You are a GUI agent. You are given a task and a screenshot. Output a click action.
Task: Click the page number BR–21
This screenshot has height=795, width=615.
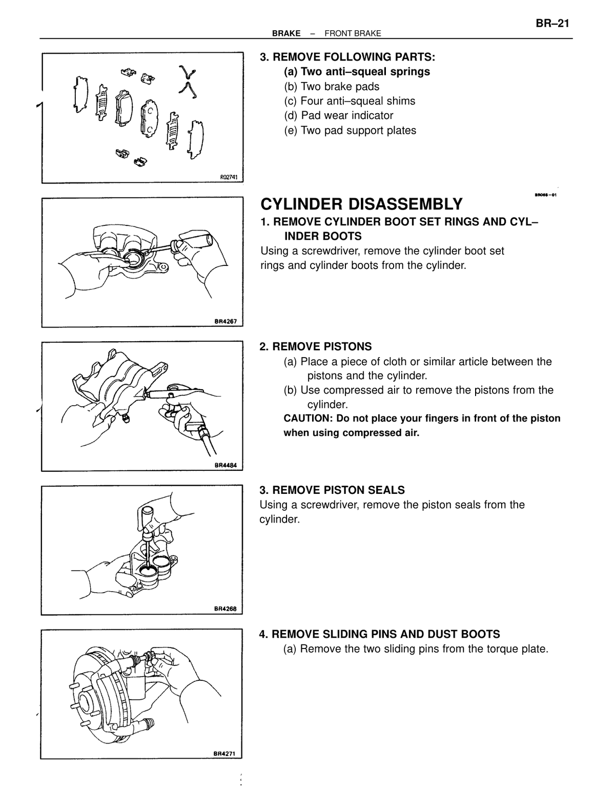pyautogui.click(x=552, y=24)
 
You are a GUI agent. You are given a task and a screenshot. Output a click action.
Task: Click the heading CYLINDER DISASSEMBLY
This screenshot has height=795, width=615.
pyautogui.click(x=361, y=204)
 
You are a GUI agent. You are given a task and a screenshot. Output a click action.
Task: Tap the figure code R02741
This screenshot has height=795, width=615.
pyautogui.click(x=229, y=177)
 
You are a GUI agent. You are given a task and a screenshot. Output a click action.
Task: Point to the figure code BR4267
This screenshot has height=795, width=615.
pyautogui.click(x=225, y=322)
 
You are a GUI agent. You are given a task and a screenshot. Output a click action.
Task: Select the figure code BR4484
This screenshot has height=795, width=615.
pyautogui.click(x=225, y=465)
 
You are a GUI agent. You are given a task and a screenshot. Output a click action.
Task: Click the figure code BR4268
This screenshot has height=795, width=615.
pyautogui.click(x=225, y=609)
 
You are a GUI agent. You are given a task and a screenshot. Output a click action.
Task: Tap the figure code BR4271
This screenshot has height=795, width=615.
pyautogui.click(x=225, y=754)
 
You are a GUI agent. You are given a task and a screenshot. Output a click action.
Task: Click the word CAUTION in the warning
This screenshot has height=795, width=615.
pyautogui.click(x=307, y=418)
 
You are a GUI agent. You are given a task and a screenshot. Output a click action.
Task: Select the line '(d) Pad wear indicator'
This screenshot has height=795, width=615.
pyautogui.click(x=339, y=115)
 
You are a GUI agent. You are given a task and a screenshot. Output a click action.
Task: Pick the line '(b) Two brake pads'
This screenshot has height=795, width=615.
pyautogui.click(x=332, y=87)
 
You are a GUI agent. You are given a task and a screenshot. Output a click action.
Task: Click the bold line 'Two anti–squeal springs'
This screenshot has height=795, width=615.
pyautogui.click(x=365, y=71)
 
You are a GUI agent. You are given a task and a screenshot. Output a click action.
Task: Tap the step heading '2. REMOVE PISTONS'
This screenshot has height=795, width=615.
pyautogui.click(x=316, y=346)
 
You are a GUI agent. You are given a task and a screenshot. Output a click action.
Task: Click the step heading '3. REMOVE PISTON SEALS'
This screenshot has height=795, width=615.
pyautogui.click(x=332, y=490)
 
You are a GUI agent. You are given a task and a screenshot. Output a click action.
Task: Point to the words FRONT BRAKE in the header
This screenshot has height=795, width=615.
pyautogui.click(x=353, y=33)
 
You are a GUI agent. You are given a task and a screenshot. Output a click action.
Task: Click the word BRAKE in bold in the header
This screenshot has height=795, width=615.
pyautogui.click(x=286, y=33)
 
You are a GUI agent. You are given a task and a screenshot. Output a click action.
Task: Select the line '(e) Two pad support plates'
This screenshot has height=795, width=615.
pyautogui.click(x=350, y=130)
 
